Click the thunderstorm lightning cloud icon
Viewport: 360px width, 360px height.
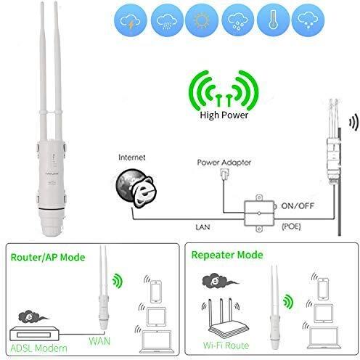131,20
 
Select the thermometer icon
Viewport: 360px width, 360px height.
273,20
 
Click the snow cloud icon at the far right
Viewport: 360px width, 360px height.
308,20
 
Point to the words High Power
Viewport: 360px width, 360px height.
224,115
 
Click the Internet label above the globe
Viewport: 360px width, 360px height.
132,157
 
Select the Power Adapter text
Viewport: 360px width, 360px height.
224,163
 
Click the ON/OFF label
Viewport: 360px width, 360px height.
298,206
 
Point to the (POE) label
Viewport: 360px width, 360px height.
291,226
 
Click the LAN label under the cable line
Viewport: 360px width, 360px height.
202,227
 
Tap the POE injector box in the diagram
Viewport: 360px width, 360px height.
259,213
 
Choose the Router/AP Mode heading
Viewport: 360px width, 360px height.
48,257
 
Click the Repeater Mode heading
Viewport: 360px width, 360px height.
227,255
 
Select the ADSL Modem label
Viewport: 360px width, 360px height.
38,348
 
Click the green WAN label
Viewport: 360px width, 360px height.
99,341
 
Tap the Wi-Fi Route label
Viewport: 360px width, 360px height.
226,345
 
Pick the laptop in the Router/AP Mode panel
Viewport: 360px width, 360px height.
157,341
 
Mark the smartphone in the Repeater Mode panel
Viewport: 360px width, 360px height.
323,289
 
